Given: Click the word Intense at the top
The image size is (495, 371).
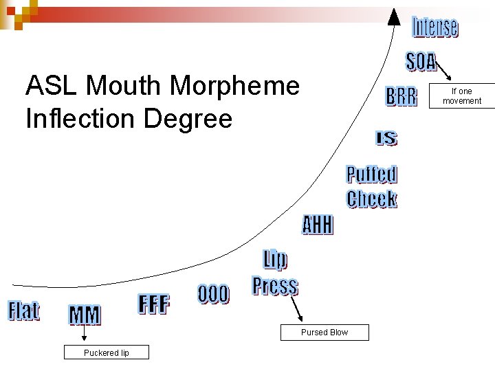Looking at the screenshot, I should pos(435,27).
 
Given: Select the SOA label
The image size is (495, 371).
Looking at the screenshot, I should pos(421,62).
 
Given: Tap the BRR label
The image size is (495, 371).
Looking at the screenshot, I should pos(401,97).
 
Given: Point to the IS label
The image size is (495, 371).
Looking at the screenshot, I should pos(386,138).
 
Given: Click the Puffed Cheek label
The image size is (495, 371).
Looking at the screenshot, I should pos(372,187).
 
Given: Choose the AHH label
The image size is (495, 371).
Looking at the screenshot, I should pos(318,225).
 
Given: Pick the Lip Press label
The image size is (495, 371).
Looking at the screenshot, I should pos(275,273).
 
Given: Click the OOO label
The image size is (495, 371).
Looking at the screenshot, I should pos(213,294).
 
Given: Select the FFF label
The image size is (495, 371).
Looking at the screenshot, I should pos(154,304).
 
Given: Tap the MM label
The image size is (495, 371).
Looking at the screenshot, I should pos(85,315).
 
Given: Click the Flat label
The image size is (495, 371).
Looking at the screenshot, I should pos(23,311).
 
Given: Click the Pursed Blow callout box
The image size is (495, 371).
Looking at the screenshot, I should pos(324,333).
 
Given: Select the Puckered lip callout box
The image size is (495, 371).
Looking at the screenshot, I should pos(107,353).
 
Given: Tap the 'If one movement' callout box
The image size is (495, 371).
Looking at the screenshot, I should pos(462,96).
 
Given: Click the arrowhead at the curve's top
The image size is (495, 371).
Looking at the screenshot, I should pos(395,15).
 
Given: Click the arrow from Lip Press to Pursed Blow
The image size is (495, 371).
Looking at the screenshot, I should pos(297,310).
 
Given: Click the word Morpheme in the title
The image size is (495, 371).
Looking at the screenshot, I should pos(234,87).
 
